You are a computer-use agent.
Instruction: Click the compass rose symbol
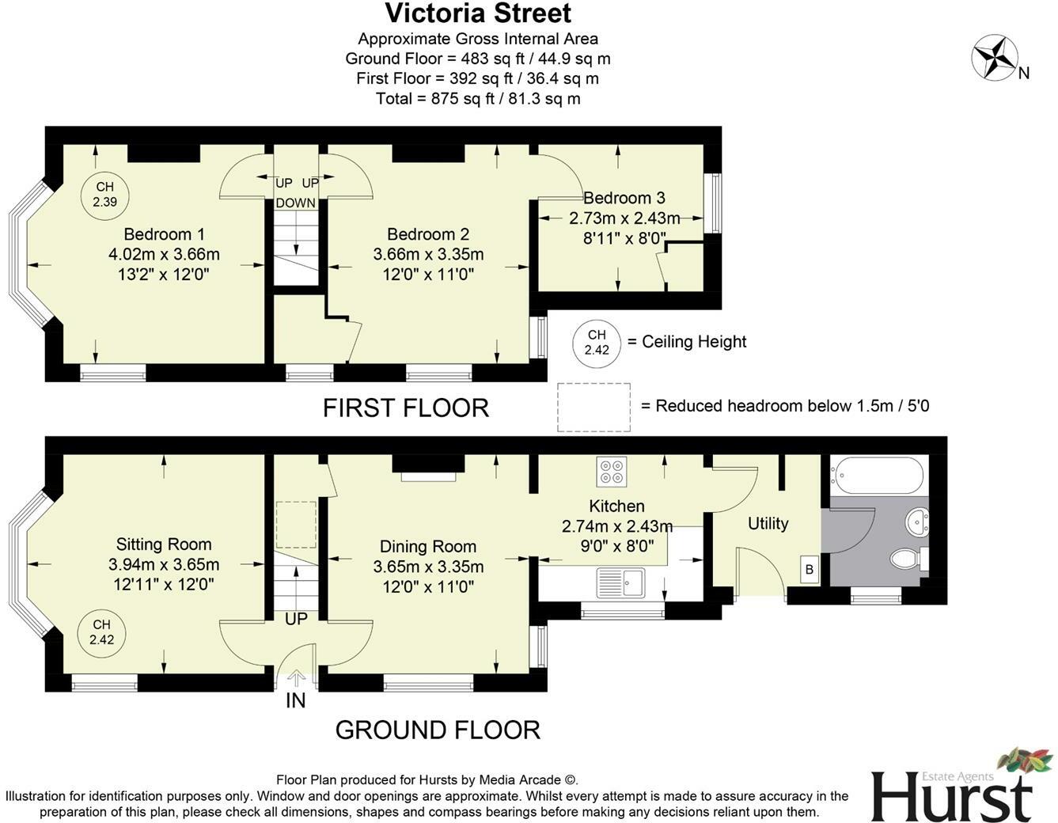(995, 58)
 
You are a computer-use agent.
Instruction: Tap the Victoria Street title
(478, 13)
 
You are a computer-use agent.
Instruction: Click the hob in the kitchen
(612, 472)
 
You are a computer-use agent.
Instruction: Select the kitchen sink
(621, 582)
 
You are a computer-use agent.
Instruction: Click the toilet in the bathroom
(905, 559)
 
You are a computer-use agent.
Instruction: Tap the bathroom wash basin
(918, 521)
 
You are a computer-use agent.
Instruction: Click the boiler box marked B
(809, 570)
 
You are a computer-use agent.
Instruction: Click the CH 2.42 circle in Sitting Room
(102, 633)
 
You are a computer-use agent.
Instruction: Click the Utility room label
(768, 524)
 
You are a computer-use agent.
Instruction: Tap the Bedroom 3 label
(624, 198)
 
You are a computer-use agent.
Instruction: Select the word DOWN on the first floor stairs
(295, 203)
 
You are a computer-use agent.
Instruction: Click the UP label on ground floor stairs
(296, 618)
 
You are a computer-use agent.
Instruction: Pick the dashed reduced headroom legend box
(593, 408)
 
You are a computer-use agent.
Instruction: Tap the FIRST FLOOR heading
(405, 408)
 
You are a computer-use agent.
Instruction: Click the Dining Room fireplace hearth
(428, 476)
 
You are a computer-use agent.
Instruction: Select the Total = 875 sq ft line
(478, 99)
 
